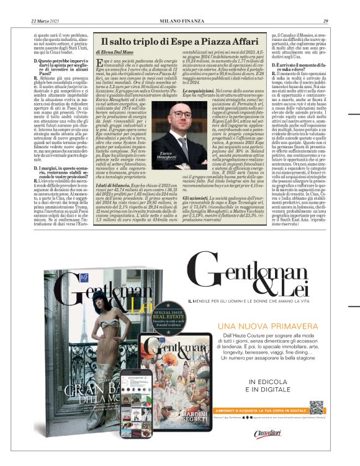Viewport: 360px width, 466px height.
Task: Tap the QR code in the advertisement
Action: [x=317, y=408]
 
